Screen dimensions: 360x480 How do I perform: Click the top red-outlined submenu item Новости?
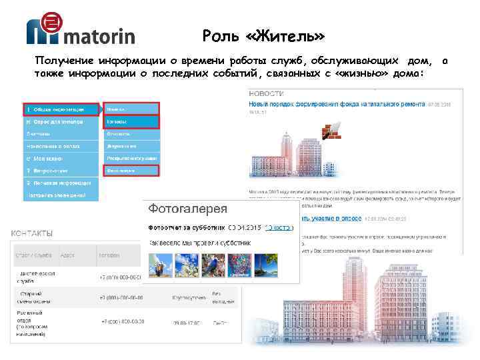(130, 109)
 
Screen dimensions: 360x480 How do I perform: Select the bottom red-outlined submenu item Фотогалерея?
(130, 170)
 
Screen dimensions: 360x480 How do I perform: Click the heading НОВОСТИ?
(264, 95)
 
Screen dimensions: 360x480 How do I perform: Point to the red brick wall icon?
(331, 130)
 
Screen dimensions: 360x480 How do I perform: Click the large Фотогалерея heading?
(187, 208)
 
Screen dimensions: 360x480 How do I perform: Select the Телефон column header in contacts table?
(109, 255)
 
